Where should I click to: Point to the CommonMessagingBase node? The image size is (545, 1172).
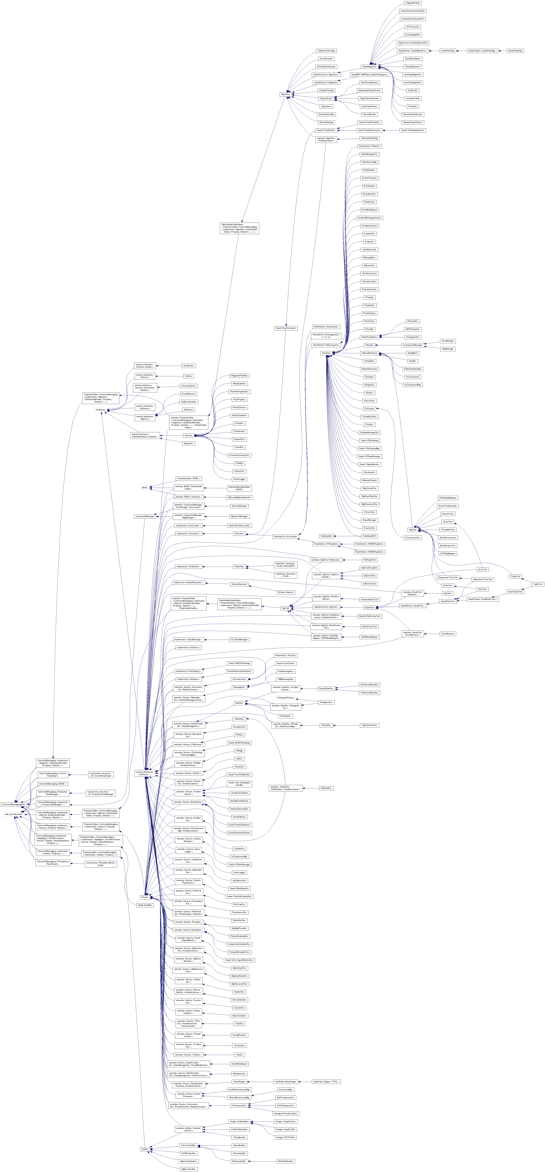13,804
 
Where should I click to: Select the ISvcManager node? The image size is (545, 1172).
448,341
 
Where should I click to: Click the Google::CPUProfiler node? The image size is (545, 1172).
285,1137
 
